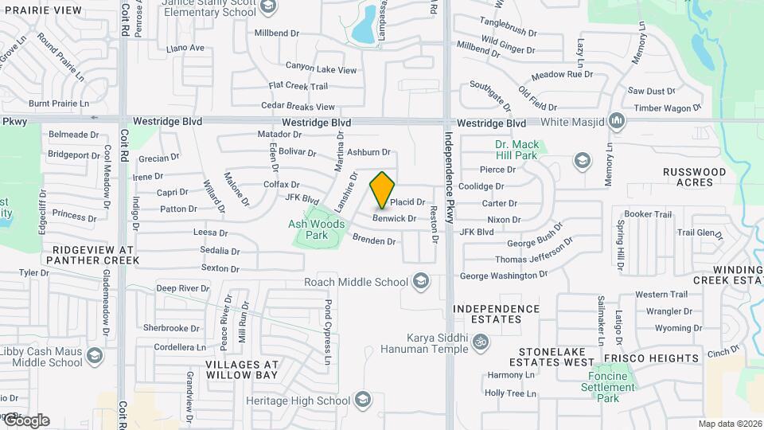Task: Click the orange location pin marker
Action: [x=383, y=189]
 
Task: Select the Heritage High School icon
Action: [x=363, y=399]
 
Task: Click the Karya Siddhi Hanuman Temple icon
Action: [x=479, y=342]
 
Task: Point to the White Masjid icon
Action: [x=616, y=122]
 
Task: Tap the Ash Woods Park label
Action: [x=317, y=229]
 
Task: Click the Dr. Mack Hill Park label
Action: [x=516, y=150]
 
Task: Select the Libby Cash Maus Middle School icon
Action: [x=95, y=356]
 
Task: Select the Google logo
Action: [x=25, y=420]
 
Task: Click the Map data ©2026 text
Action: [x=729, y=423]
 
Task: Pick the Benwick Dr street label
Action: [x=395, y=218]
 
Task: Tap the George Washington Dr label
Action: [x=504, y=276]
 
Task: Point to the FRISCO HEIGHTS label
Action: [x=662, y=358]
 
